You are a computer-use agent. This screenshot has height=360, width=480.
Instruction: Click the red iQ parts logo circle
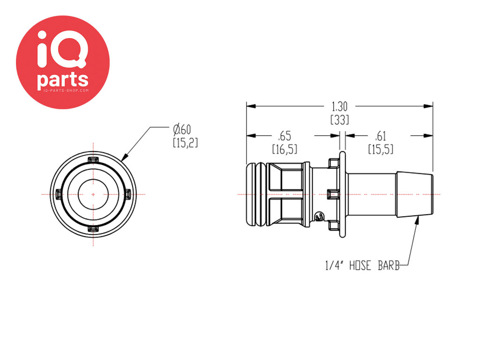coord(63,62)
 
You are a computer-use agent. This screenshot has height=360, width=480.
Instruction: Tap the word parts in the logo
coord(63,80)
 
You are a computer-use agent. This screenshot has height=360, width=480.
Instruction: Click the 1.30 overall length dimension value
coord(340,106)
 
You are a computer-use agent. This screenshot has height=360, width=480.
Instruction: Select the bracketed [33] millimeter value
coord(340,120)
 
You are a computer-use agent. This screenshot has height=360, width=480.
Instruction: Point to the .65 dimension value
coord(285,135)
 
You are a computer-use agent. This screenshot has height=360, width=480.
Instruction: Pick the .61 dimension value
coord(381,136)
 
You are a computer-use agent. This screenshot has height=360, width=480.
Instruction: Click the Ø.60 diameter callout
coord(182,129)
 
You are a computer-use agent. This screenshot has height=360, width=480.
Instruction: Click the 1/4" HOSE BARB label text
coord(362,265)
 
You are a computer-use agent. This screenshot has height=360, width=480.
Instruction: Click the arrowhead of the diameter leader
coord(124,157)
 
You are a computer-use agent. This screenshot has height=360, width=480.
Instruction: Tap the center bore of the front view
coord(93,195)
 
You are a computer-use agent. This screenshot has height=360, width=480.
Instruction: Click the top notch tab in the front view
coord(93,160)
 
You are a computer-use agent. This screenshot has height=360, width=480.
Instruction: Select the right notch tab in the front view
coord(128,194)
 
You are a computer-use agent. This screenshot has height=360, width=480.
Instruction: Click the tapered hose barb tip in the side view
coord(414,195)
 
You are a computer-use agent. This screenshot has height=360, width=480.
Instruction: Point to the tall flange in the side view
coord(343,195)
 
